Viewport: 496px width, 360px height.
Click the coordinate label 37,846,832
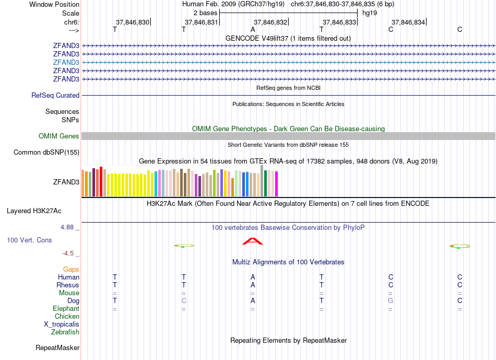[270, 22]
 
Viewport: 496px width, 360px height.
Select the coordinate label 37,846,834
[408, 22]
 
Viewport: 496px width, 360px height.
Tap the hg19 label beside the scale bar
[370, 13]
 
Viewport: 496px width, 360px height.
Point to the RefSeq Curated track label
[55, 96]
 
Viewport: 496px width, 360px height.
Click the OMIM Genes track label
[59, 136]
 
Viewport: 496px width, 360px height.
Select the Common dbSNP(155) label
[46, 153]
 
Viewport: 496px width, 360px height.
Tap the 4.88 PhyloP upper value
[67, 227]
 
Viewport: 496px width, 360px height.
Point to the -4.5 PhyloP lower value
[68, 253]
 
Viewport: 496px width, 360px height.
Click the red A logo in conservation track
[253, 241]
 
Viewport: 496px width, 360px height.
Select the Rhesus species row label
[68, 285]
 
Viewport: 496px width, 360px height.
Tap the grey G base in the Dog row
[391, 301]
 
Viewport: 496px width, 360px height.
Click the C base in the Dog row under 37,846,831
[184, 301]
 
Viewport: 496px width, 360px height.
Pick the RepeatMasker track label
[57, 347]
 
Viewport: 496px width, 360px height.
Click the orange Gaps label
[71, 270]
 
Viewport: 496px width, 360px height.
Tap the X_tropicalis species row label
[62, 324]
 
